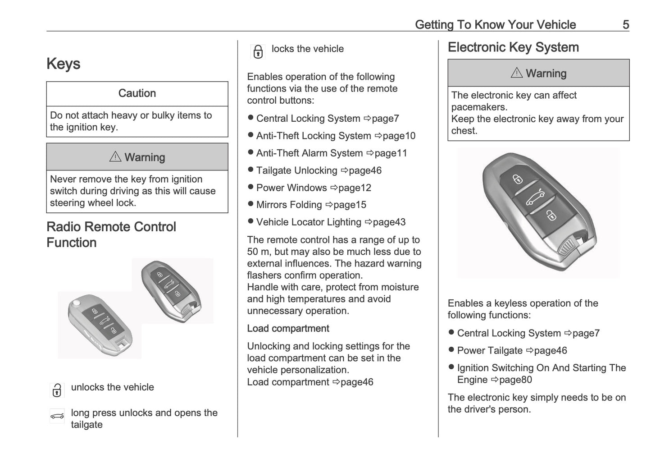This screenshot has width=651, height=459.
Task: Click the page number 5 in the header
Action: (x=625, y=24)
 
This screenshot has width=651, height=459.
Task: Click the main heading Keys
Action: (x=64, y=64)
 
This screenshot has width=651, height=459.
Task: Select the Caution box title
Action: (x=137, y=93)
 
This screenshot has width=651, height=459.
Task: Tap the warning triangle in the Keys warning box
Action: (x=115, y=157)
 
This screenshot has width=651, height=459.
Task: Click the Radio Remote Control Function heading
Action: (x=111, y=234)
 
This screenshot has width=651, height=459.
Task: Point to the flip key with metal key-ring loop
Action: (x=100, y=326)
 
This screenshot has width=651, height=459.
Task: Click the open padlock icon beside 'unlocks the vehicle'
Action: (x=57, y=390)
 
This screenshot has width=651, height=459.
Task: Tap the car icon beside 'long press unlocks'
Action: (x=57, y=416)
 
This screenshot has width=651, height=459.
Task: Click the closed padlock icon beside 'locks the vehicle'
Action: (x=258, y=52)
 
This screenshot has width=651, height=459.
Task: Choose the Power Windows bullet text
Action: (x=291, y=188)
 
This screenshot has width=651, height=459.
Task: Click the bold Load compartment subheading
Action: (x=288, y=329)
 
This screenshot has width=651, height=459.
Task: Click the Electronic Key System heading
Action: (x=513, y=47)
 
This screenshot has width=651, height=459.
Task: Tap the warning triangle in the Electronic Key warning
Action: (x=517, y=73)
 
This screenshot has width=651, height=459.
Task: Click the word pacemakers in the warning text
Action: (x=479, y=107)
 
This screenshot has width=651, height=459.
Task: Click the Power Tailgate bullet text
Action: (x=490, y=351)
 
